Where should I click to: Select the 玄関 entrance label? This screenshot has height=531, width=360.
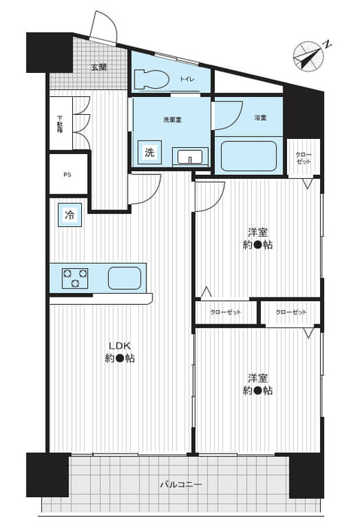(98, 68)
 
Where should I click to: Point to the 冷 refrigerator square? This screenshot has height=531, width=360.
(69, 216)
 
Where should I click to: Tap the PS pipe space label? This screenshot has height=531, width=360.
(68, 176)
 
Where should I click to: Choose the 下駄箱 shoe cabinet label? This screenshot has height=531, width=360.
(60, 125)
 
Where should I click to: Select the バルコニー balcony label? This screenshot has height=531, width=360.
(181, 484)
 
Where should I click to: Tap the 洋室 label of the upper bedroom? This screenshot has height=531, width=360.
(258, 231)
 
